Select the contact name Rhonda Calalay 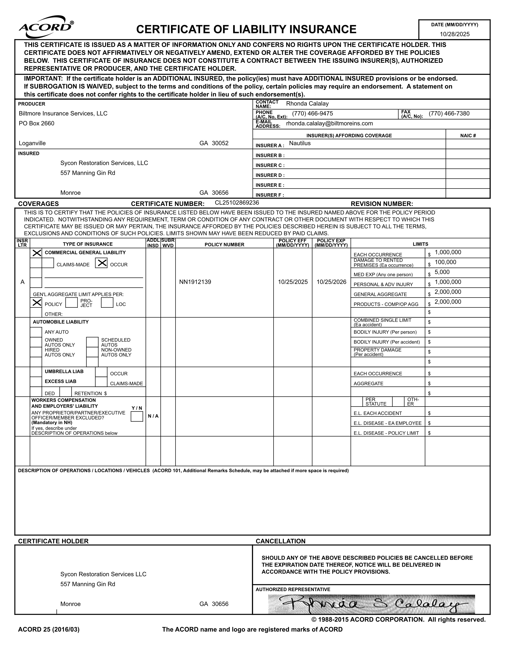tap(307, 104)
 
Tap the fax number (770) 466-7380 tap(449, 114)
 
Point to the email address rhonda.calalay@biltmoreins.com tap(329, 123)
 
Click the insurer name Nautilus tap(300, 143)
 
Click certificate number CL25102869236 tap(237, 203)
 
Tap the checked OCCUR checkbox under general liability tap(101, 263)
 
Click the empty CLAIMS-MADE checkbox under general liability tap(48, 263)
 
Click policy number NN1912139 tap(195, 282)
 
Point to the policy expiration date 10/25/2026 tap(331, 282)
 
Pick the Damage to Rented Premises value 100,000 tap(445, 262)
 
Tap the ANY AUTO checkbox tap(36, 332)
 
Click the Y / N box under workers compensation tap(137, 416)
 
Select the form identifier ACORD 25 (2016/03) tap(49, 629)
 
